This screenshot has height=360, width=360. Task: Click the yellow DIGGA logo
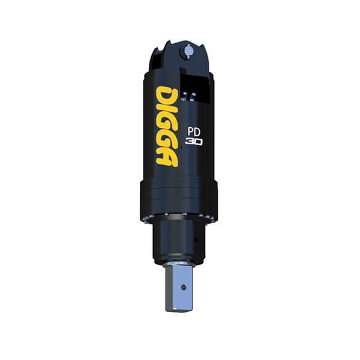[167, 126]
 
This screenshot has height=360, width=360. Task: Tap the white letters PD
[194, 132]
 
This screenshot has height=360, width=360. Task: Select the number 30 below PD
[194, 142]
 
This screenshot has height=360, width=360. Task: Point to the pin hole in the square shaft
[183, 287]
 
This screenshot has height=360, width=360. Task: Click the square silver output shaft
[179, 290]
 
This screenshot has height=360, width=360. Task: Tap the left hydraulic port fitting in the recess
[185, 96]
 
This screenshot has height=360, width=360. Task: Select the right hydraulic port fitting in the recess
[193, 96]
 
